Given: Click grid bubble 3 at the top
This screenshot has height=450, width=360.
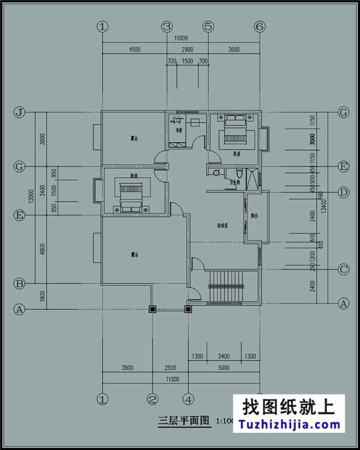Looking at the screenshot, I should click(x=167, y=26).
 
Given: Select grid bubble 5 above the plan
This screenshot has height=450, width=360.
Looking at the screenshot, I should click(x=208, y=26).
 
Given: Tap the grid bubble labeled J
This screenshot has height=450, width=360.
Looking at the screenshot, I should click(x=19, y=113).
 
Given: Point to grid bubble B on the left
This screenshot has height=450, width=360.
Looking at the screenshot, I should click(x=19, y=284).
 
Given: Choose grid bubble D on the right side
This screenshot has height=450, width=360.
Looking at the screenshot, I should click(x=343, y=192).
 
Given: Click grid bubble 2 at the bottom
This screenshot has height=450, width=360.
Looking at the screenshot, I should click(x=152, y=398).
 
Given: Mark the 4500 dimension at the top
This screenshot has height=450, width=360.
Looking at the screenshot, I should click(x=134, y=49).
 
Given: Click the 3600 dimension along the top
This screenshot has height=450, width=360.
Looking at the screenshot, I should click(x=233, y=49).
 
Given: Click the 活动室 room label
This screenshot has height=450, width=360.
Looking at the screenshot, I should click(x=223, y=226).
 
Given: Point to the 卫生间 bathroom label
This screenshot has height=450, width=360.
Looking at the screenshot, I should click(x=234, y=181).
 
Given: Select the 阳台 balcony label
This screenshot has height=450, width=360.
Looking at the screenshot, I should click(x=254, y=217).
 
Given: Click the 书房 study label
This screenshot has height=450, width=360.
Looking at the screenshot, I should click(x=179, y=131).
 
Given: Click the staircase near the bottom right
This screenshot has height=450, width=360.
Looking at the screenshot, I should click(x=226, y=287).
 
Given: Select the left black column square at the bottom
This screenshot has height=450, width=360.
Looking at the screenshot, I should click(x=152, y=309).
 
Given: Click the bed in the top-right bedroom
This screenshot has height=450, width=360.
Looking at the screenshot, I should click(x=233, y=133).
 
